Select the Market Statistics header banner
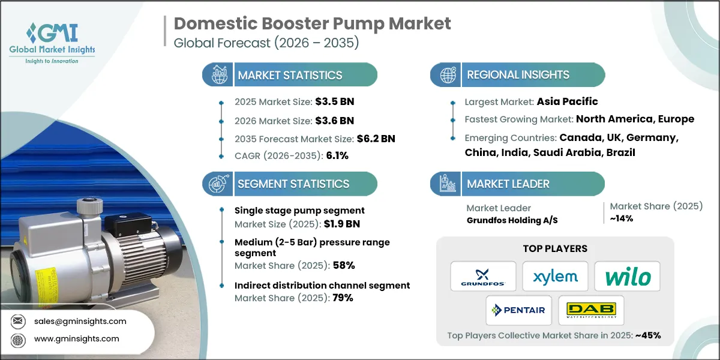coord(290,75)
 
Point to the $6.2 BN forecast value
coord(376,139)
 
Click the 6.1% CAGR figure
coord(336,155)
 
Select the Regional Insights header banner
coord(517,75)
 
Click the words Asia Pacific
coord(568,101)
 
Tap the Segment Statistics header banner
coord(290,184)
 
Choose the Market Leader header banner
coord(517,184)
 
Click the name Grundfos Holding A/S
coord(512,220)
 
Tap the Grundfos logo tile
coord(483,276)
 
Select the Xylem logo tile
coord(555,276)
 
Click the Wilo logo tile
coord(627,276)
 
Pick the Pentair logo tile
coord(519,310)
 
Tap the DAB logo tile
coord(590,310)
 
